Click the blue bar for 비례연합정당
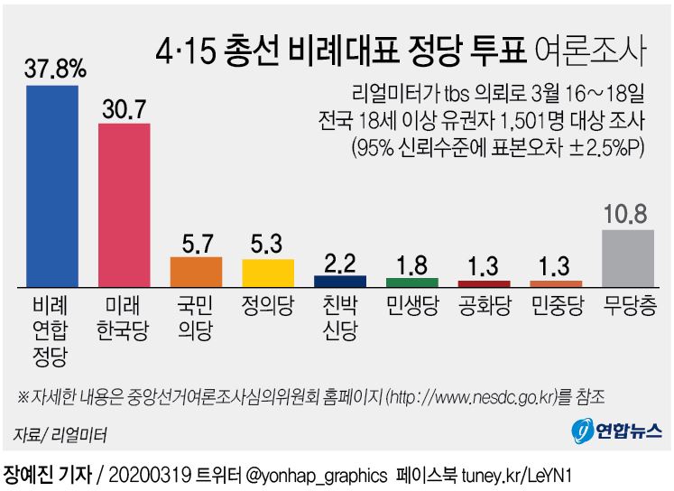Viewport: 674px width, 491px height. click(51, 185)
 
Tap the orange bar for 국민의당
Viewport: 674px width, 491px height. click(196, 272)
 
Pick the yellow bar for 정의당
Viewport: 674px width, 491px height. click(268, 273)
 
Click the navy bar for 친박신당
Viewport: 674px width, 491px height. click(340, 281)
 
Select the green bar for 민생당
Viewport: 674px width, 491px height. click(412, 282)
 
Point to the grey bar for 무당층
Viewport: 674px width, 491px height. click(628, 258)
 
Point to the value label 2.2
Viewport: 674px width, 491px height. click(340, 263)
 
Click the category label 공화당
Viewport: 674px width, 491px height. click(485, 303)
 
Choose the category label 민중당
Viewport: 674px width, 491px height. click(556, 303)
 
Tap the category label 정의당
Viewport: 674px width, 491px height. click(268, 303)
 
